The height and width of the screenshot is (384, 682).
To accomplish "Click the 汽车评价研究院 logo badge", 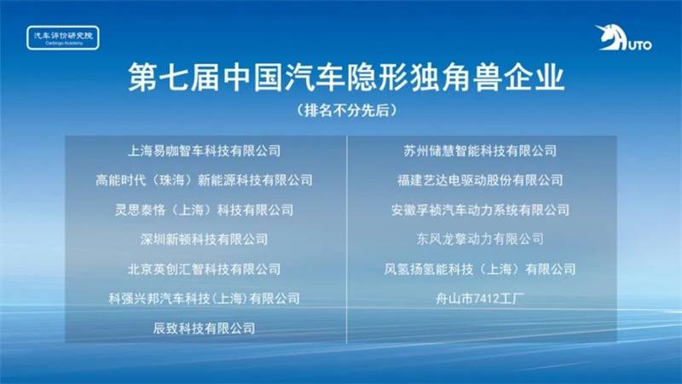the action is point(63,38).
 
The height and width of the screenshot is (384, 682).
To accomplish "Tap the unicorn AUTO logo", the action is point(623,38).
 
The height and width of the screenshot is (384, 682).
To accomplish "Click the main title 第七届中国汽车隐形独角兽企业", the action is point(346,78).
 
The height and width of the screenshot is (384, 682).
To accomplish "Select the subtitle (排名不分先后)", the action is point(347,110).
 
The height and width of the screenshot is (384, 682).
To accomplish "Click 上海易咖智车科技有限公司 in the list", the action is point(204,151).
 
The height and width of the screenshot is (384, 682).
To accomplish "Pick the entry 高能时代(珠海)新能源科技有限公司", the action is point(204,180).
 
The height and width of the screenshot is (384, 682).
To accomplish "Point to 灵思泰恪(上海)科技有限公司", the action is point(204,210).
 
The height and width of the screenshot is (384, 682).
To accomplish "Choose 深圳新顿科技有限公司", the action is point(204,240).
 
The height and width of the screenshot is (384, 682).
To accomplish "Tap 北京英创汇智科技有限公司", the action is point(204,269).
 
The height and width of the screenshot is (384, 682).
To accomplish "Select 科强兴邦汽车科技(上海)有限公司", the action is point(204,299).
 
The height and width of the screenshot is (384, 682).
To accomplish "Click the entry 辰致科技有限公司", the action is point(204,329).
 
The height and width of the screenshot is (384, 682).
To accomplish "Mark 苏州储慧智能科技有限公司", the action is point(480,151).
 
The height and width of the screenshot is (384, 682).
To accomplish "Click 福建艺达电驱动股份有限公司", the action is point(480,180).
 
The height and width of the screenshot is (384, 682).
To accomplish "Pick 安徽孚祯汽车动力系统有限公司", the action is point(480,210).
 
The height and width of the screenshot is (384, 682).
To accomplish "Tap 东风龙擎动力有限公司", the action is point(480,240).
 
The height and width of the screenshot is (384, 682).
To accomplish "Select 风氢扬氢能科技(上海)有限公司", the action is point(480,269).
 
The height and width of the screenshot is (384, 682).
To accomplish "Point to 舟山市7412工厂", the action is point(480,299).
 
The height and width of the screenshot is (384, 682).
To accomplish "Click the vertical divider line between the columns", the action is point(347,240).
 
